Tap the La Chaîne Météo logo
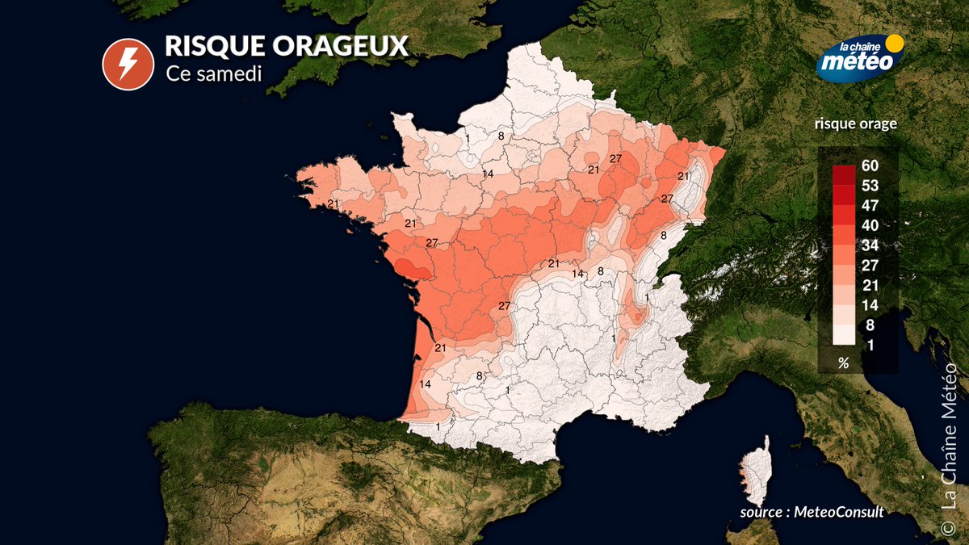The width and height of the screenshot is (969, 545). [x=858, y=57]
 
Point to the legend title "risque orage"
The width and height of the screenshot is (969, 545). [x=856, y=124]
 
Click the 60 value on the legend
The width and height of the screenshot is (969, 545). [x=870, y=166]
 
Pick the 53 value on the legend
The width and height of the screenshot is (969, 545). [x=870, y=186]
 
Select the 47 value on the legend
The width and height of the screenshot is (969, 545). [x=870, y=205]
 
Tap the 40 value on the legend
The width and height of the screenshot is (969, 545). [x=870, y=225]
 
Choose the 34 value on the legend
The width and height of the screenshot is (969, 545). [x=870, y=245]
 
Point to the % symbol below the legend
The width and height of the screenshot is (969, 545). [x=843, y=363]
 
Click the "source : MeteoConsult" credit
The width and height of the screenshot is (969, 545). [x=812, y=513]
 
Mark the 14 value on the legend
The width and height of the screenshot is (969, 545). [x=870, y=305]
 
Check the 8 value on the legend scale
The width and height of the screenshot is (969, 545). [x=870, y=325]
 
